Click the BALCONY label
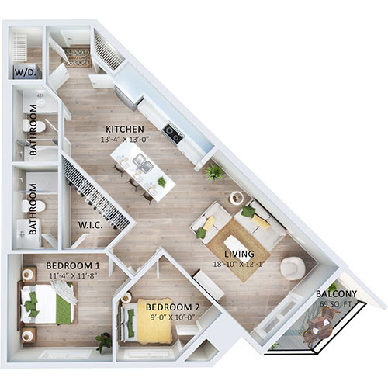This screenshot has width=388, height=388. tap(336, 293)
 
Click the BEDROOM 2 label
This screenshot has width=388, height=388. tap(173, 307)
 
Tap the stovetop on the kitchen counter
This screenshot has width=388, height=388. tap(174, 137)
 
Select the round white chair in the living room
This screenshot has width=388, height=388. tap(292, 268)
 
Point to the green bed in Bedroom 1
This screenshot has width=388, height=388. tap(51, 303)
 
